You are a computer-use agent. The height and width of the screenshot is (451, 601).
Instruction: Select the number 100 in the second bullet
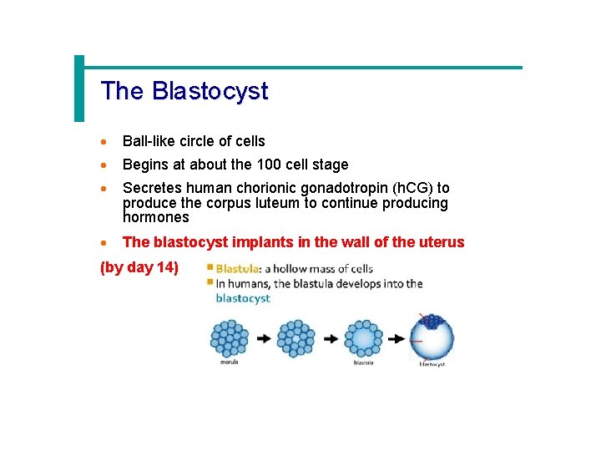270,165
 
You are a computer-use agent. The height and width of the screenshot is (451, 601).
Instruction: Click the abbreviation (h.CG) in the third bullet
407,189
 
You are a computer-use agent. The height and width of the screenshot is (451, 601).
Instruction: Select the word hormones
156,217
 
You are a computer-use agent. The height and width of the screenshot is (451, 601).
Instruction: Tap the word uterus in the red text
442,242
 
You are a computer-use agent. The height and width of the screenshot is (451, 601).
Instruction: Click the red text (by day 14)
139,268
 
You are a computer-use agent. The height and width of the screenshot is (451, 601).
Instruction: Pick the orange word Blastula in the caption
238,269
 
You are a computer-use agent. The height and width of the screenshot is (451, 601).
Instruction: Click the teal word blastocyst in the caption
243,298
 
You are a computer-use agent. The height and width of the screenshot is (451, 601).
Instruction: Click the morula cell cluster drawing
230,339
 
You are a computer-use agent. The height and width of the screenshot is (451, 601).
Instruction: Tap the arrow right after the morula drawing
263,339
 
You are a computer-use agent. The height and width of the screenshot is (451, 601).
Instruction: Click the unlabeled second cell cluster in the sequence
295,339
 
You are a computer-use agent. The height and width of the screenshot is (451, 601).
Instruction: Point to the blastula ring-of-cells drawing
364,339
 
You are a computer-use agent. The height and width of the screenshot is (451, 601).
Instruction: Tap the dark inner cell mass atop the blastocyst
432,322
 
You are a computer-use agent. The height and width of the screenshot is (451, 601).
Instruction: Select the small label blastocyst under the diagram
432,364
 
